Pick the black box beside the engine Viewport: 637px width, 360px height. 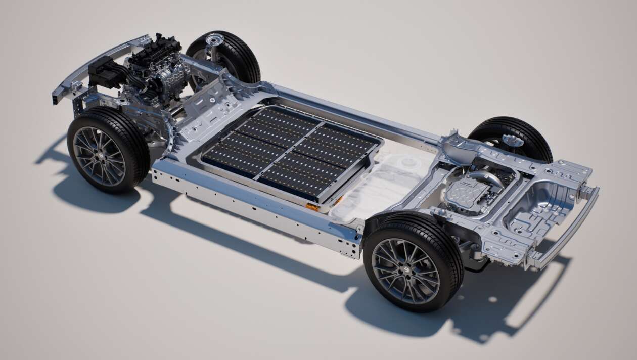click(104, 71)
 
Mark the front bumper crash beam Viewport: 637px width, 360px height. click(91, 68)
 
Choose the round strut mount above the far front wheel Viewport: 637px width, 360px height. click(215, 39)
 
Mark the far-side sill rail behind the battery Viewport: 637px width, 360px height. click(354, 111)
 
